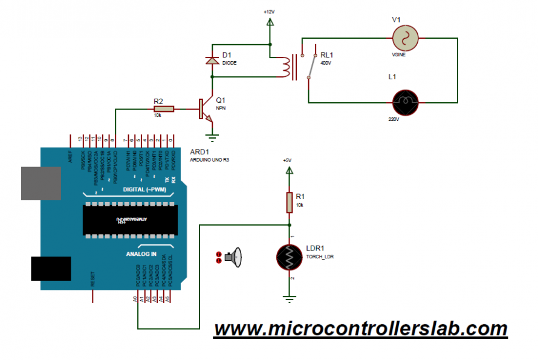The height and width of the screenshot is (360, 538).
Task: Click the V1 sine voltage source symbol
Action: tap(405, 39)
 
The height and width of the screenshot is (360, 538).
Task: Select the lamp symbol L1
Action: tap(405, 101)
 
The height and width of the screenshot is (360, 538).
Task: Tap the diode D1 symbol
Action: tap(212, 61)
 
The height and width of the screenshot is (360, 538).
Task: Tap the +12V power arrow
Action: tap(270, 22)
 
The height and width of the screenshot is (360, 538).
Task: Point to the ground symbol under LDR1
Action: tap(290, 297)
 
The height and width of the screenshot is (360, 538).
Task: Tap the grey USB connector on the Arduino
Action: tap(41, 183)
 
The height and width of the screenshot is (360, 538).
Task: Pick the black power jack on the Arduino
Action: tap(51, 268)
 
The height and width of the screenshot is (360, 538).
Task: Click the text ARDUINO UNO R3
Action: tap(210, 160)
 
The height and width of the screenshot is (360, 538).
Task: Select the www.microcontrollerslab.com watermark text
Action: tap(360, 329)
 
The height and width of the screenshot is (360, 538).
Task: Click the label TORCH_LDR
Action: tap(320, 257)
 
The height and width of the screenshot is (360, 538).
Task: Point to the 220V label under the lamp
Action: tap(394, 119)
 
